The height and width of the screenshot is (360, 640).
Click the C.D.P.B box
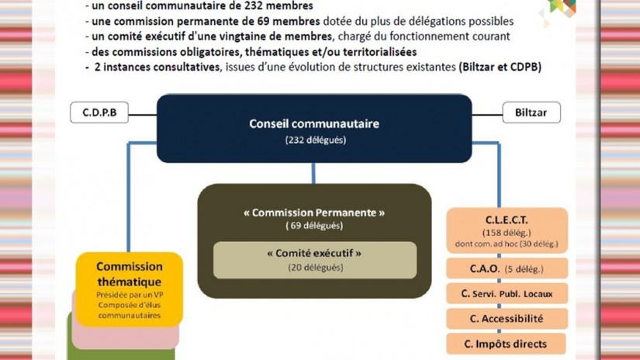pyautogui.click(x=99, y=112)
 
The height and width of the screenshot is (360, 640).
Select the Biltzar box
pyautogui.click(x=531, y=112)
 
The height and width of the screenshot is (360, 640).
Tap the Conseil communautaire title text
pyautogui.click(x=314, y=123)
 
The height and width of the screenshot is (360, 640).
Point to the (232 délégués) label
pyautogui.click(x=314, y=140)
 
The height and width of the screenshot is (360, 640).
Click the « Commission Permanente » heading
pyautogui.click(x=314, y=212)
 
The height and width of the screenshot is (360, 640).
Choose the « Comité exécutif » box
pyautogui.click(x=314, y=260)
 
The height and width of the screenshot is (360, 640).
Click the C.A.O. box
pyautogui.click(x=507, y=269)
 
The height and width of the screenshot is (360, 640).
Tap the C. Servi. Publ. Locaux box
pyautogui.click(x=507, y=293)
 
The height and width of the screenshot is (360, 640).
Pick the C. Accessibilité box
pyautogui.click(x=507, y=319)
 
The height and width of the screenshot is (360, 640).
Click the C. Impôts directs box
pyautogui.click(x=507, y=344)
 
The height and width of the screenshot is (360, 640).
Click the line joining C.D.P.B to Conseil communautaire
pyautogui.click(x=142, y=113)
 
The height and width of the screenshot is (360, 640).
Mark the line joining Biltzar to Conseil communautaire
pyautogui.click(x=487, y=113)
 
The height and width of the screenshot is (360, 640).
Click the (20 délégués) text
pyautogui.click(x=314, y=268)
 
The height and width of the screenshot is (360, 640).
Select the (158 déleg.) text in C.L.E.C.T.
pyautogui.click(x=507, y=233)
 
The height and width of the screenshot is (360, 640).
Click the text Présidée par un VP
pyautogui.click(x=129, y=296)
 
